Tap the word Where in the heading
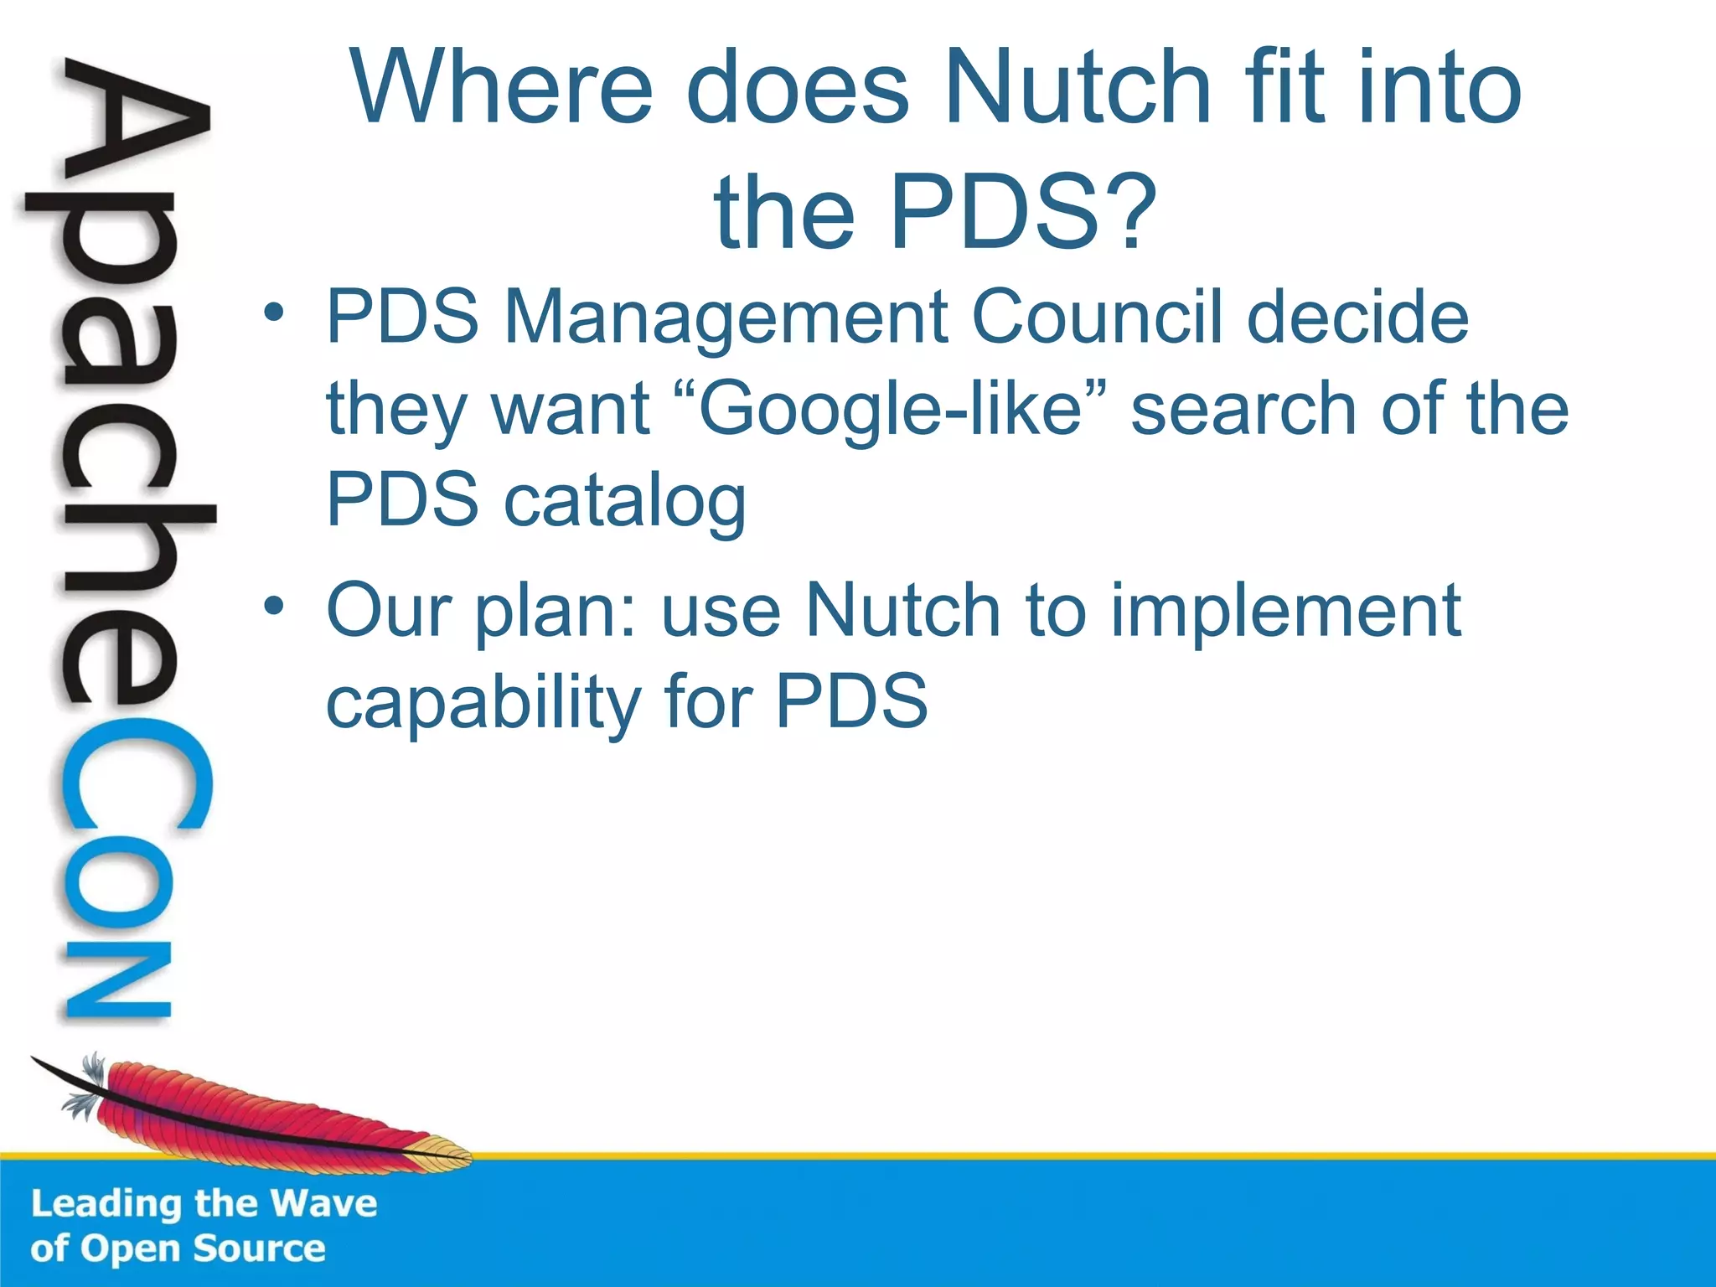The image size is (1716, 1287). pos(502,87)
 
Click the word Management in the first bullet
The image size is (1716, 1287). pos(726,318)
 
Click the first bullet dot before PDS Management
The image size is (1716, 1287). pos(273,313)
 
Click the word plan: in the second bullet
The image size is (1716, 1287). pos(557,612)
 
